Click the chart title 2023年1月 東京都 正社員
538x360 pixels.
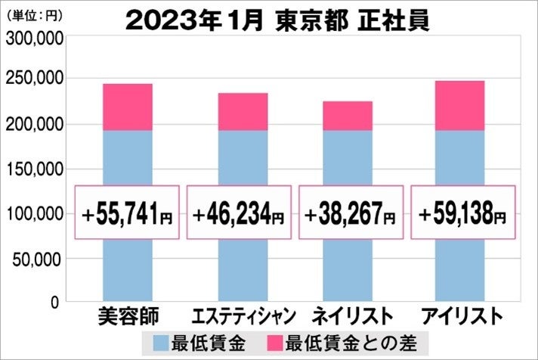(x=277, y=20)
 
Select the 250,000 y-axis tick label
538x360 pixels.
(x=32, y=79)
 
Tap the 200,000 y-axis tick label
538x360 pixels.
(x=32, y=124)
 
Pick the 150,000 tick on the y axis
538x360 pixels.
(x=32, y=169)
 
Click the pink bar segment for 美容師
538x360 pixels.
(x=127, y=107)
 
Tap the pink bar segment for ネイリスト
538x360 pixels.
(x=348, y=116)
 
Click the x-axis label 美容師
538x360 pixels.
(x=127, y=315)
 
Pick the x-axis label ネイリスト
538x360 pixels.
(x=352, y=315)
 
